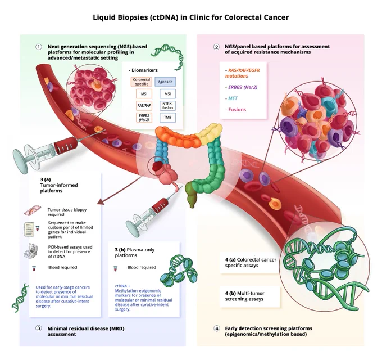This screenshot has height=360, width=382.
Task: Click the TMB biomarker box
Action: pos(167,118)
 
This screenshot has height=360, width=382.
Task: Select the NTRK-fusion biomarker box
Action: pos(167,106)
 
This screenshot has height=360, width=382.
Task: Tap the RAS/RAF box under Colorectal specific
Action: pos(144,106)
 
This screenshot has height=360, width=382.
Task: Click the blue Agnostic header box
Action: pos(165,82)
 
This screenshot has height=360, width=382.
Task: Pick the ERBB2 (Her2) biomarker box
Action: pos(144,118)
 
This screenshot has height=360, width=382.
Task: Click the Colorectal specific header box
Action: pos(142,82)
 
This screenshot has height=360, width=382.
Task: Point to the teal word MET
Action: pos(233,98)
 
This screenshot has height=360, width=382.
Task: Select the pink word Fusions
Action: pos(237,110)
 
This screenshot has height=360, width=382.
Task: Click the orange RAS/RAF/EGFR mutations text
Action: pos(243,73)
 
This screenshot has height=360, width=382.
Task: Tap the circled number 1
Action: pos(39,47)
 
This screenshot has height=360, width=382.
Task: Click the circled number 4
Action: pos(217,328)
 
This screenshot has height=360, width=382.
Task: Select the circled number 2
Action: pos(216,47)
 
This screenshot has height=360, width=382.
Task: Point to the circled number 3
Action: pos(39,328)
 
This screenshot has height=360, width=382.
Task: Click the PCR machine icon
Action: pos(31,250)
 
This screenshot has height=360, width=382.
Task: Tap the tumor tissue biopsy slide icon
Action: pos(33,210)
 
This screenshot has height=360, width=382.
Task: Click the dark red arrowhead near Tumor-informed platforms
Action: pos(101,201)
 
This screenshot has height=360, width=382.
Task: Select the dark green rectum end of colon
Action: pos(191,195)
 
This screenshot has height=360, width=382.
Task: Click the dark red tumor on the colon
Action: pos(157,166)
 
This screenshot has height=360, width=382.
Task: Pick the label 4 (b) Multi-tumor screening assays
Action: pos(244,296)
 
